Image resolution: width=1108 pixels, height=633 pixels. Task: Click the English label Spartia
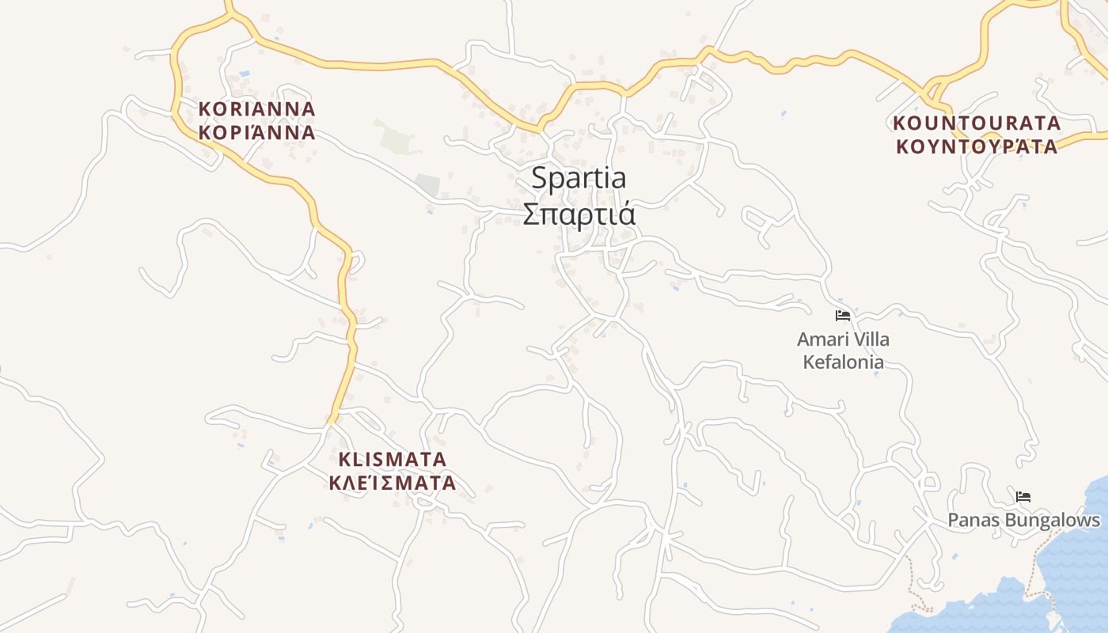578,178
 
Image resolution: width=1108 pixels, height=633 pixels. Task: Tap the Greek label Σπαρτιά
579,214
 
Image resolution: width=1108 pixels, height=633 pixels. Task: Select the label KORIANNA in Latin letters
256,108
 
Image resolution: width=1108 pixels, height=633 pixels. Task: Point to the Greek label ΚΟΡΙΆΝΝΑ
256,132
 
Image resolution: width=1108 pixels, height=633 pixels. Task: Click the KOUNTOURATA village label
977,123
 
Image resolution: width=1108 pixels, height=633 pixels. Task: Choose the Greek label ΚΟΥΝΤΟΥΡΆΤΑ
977,146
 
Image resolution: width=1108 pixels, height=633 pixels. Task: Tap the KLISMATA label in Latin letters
393,459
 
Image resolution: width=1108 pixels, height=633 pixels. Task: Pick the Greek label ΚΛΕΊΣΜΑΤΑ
393,482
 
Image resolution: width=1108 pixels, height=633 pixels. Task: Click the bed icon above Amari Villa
843,316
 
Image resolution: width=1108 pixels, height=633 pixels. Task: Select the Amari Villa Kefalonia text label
843,351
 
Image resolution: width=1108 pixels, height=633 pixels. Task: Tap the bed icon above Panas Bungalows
1023,497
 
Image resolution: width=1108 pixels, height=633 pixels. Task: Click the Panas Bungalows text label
1023,521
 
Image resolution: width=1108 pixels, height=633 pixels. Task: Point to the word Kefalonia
843,362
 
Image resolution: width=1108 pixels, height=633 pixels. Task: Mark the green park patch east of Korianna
396,138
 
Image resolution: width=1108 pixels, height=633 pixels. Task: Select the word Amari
820,339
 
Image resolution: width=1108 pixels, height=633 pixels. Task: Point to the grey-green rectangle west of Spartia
427,185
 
